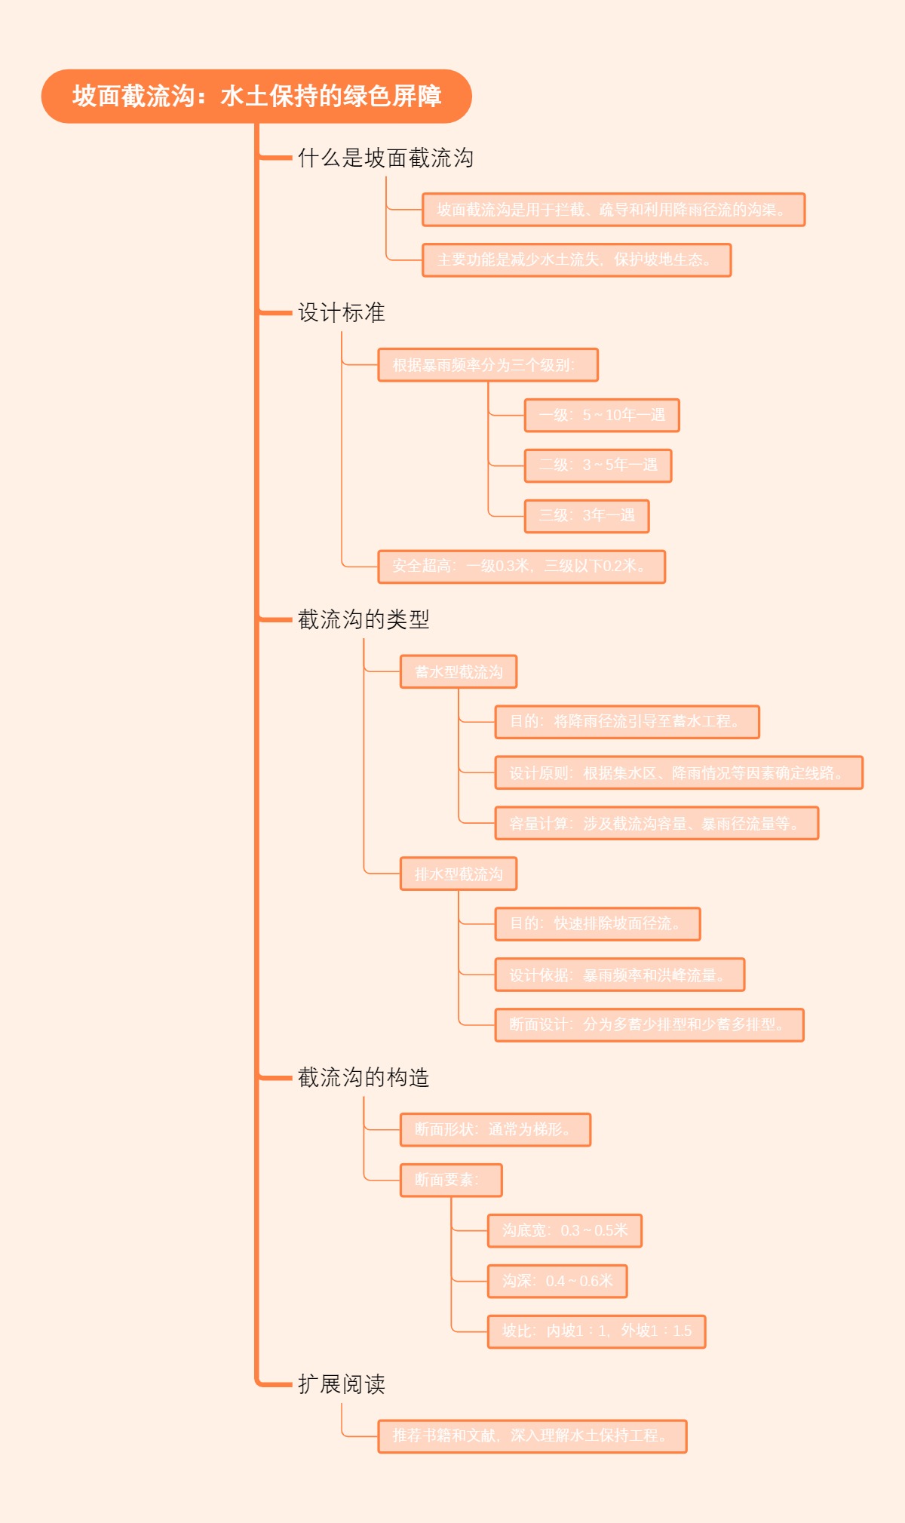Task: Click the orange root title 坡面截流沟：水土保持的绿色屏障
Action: coord(256,97)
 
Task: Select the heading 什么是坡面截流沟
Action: coord(385,158)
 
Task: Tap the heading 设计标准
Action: coord(341,312)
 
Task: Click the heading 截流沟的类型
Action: coord(364,619)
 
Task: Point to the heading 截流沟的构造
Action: coord(364,1077)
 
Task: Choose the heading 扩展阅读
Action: coord(341,1384)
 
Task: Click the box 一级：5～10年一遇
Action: coord(602,415)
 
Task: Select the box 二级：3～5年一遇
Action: coord(598,465)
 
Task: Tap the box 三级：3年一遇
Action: coord(587,516)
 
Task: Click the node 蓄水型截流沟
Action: coord(459,671)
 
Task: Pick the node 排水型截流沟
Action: coord(459,874)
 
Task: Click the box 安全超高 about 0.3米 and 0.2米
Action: coord(521,567)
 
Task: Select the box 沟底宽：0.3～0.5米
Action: coord(565,1230)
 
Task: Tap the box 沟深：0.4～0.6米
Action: coord(557,1281)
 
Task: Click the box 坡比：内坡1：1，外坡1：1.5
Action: coord(597,1331)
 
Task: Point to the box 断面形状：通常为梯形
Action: coord(495,1129)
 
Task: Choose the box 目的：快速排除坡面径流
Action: coord(597,924)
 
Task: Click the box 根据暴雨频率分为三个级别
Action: coord(488,365)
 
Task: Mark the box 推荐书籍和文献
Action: coord(532,1436)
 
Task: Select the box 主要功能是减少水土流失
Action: coord(577,260)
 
